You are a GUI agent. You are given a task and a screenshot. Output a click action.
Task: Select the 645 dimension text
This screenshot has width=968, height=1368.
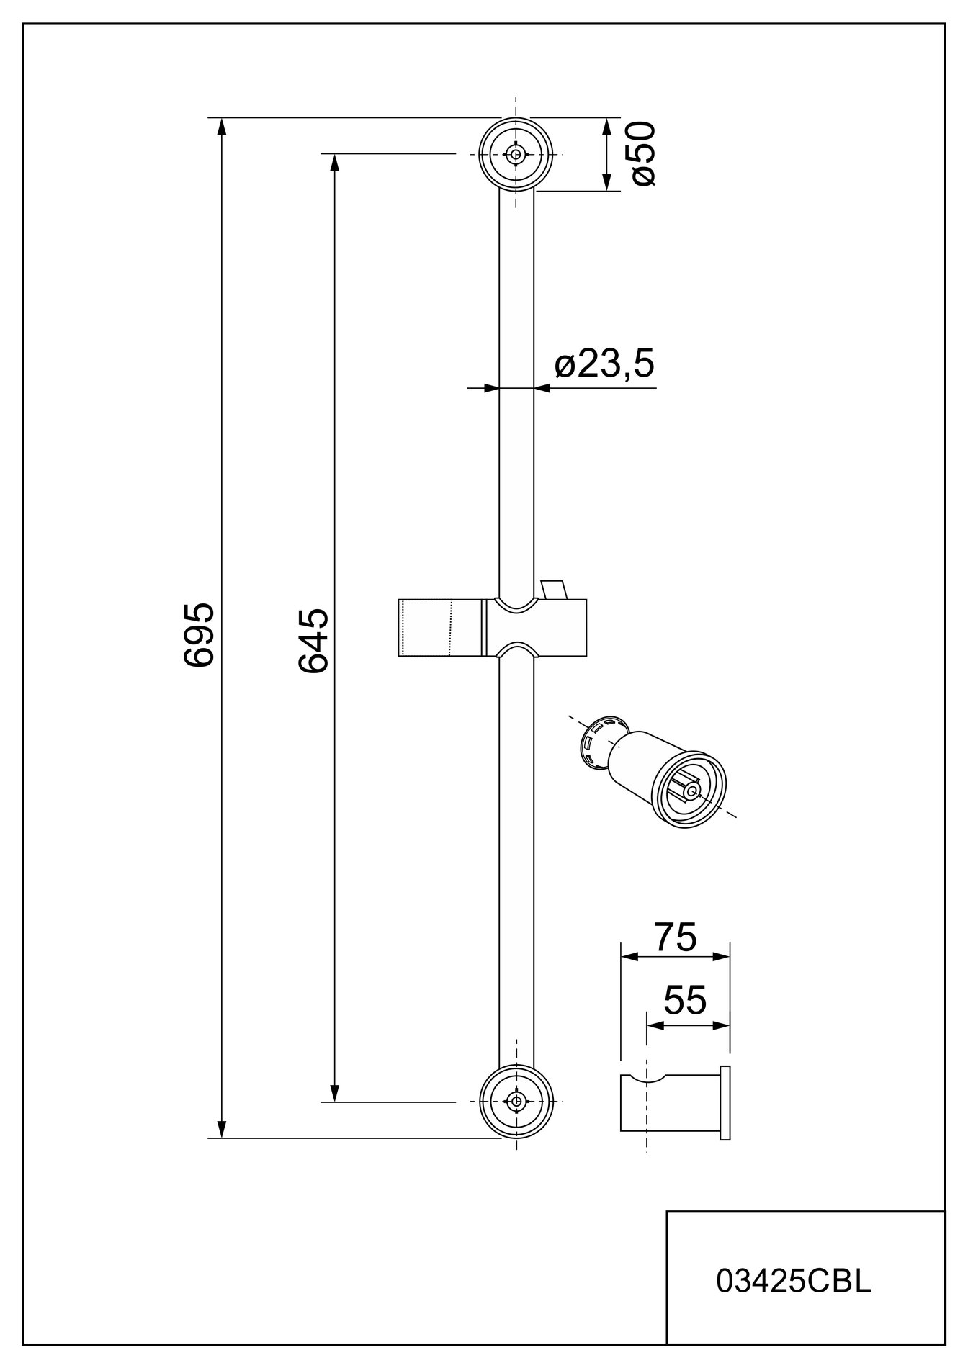coord(313,641)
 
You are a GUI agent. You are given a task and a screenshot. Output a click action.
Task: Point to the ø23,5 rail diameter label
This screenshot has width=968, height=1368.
coord(605,365)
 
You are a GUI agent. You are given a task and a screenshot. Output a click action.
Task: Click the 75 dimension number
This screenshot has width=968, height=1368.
coord(675,937)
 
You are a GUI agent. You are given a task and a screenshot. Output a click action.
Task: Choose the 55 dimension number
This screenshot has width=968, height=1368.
coord(685,1000)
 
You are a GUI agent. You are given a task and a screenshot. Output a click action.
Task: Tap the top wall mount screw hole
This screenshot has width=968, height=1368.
coord(516,154)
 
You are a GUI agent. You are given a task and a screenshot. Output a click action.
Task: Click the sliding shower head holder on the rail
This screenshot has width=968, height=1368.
coord(492,627)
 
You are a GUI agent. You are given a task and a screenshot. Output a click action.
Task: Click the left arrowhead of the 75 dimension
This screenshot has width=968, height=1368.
coord(630,957)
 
